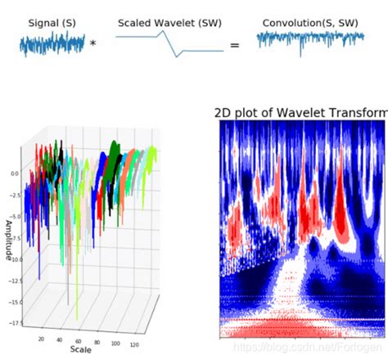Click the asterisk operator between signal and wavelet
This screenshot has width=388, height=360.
pyautogui.click(x=92, y=44)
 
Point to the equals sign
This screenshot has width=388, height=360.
pyautogui.click(x=234, y=45)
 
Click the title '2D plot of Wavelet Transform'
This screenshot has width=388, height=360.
pyautogui.click(x=300, y=113)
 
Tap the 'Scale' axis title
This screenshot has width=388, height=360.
pyautogui.click(x=80, y=349)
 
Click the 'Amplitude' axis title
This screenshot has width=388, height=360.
pyautogui.click(x=8, y=239)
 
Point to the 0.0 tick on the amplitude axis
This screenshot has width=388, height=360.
pyautogui.click(x=14, y=174)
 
